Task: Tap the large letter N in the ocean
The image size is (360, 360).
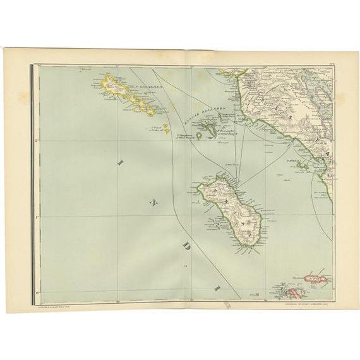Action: pos(152,202)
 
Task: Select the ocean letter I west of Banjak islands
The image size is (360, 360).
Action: pos(120,162)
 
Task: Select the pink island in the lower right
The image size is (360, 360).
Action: pos(315,277)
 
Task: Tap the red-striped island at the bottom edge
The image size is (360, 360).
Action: pos(292,293)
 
